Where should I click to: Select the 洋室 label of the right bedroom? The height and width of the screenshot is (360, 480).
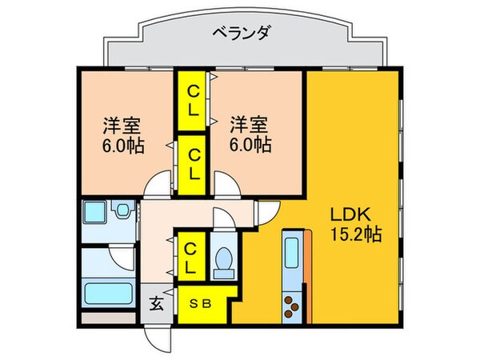(x=249, y=124)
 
